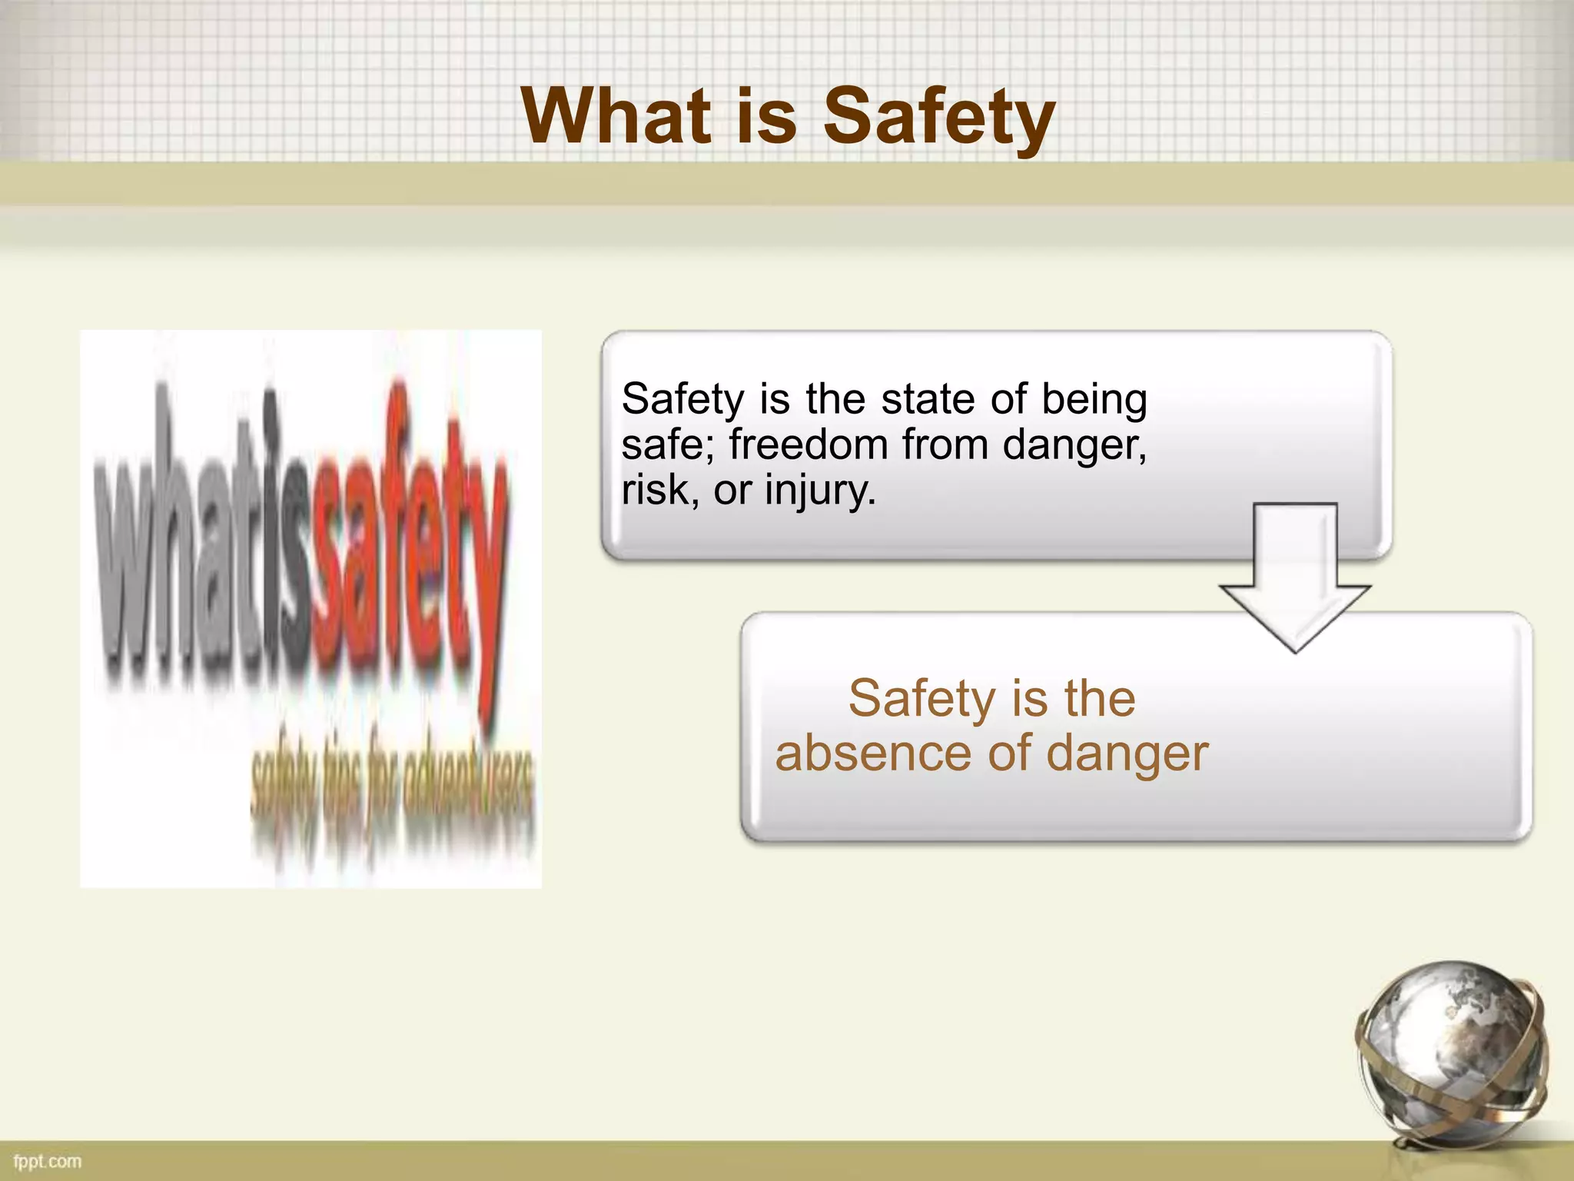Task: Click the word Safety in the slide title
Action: [939, 117]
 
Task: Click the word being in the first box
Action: [1094, 401]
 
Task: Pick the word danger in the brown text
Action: [1127, 755]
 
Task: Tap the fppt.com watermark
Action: [48, 1160]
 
